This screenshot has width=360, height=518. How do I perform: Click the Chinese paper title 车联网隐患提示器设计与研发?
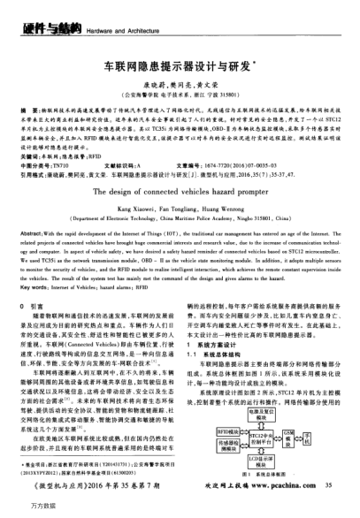click(180, 65)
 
